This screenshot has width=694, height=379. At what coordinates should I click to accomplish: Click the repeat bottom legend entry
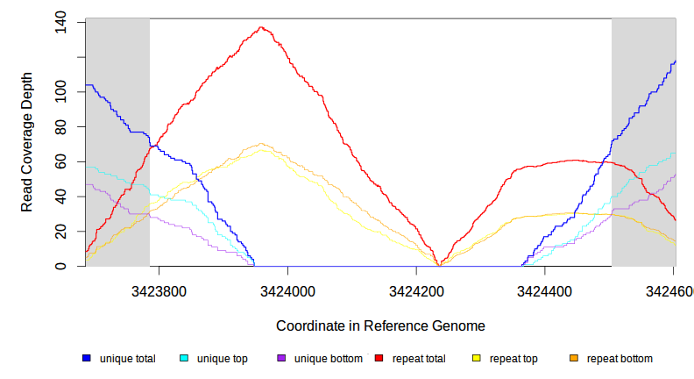(x=619, y=359)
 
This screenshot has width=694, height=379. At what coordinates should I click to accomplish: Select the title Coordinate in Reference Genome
(x=380, y=325)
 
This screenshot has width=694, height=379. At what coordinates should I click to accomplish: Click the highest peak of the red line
(x=262, y=27)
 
